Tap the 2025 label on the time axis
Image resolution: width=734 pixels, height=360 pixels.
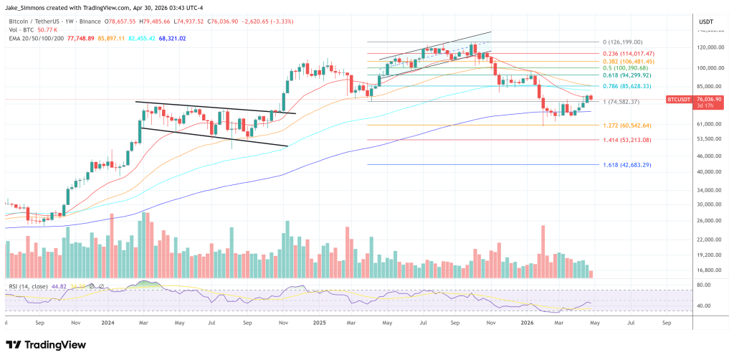click(x=320, y=323)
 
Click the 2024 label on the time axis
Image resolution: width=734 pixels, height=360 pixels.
click(x=108, y=323)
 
